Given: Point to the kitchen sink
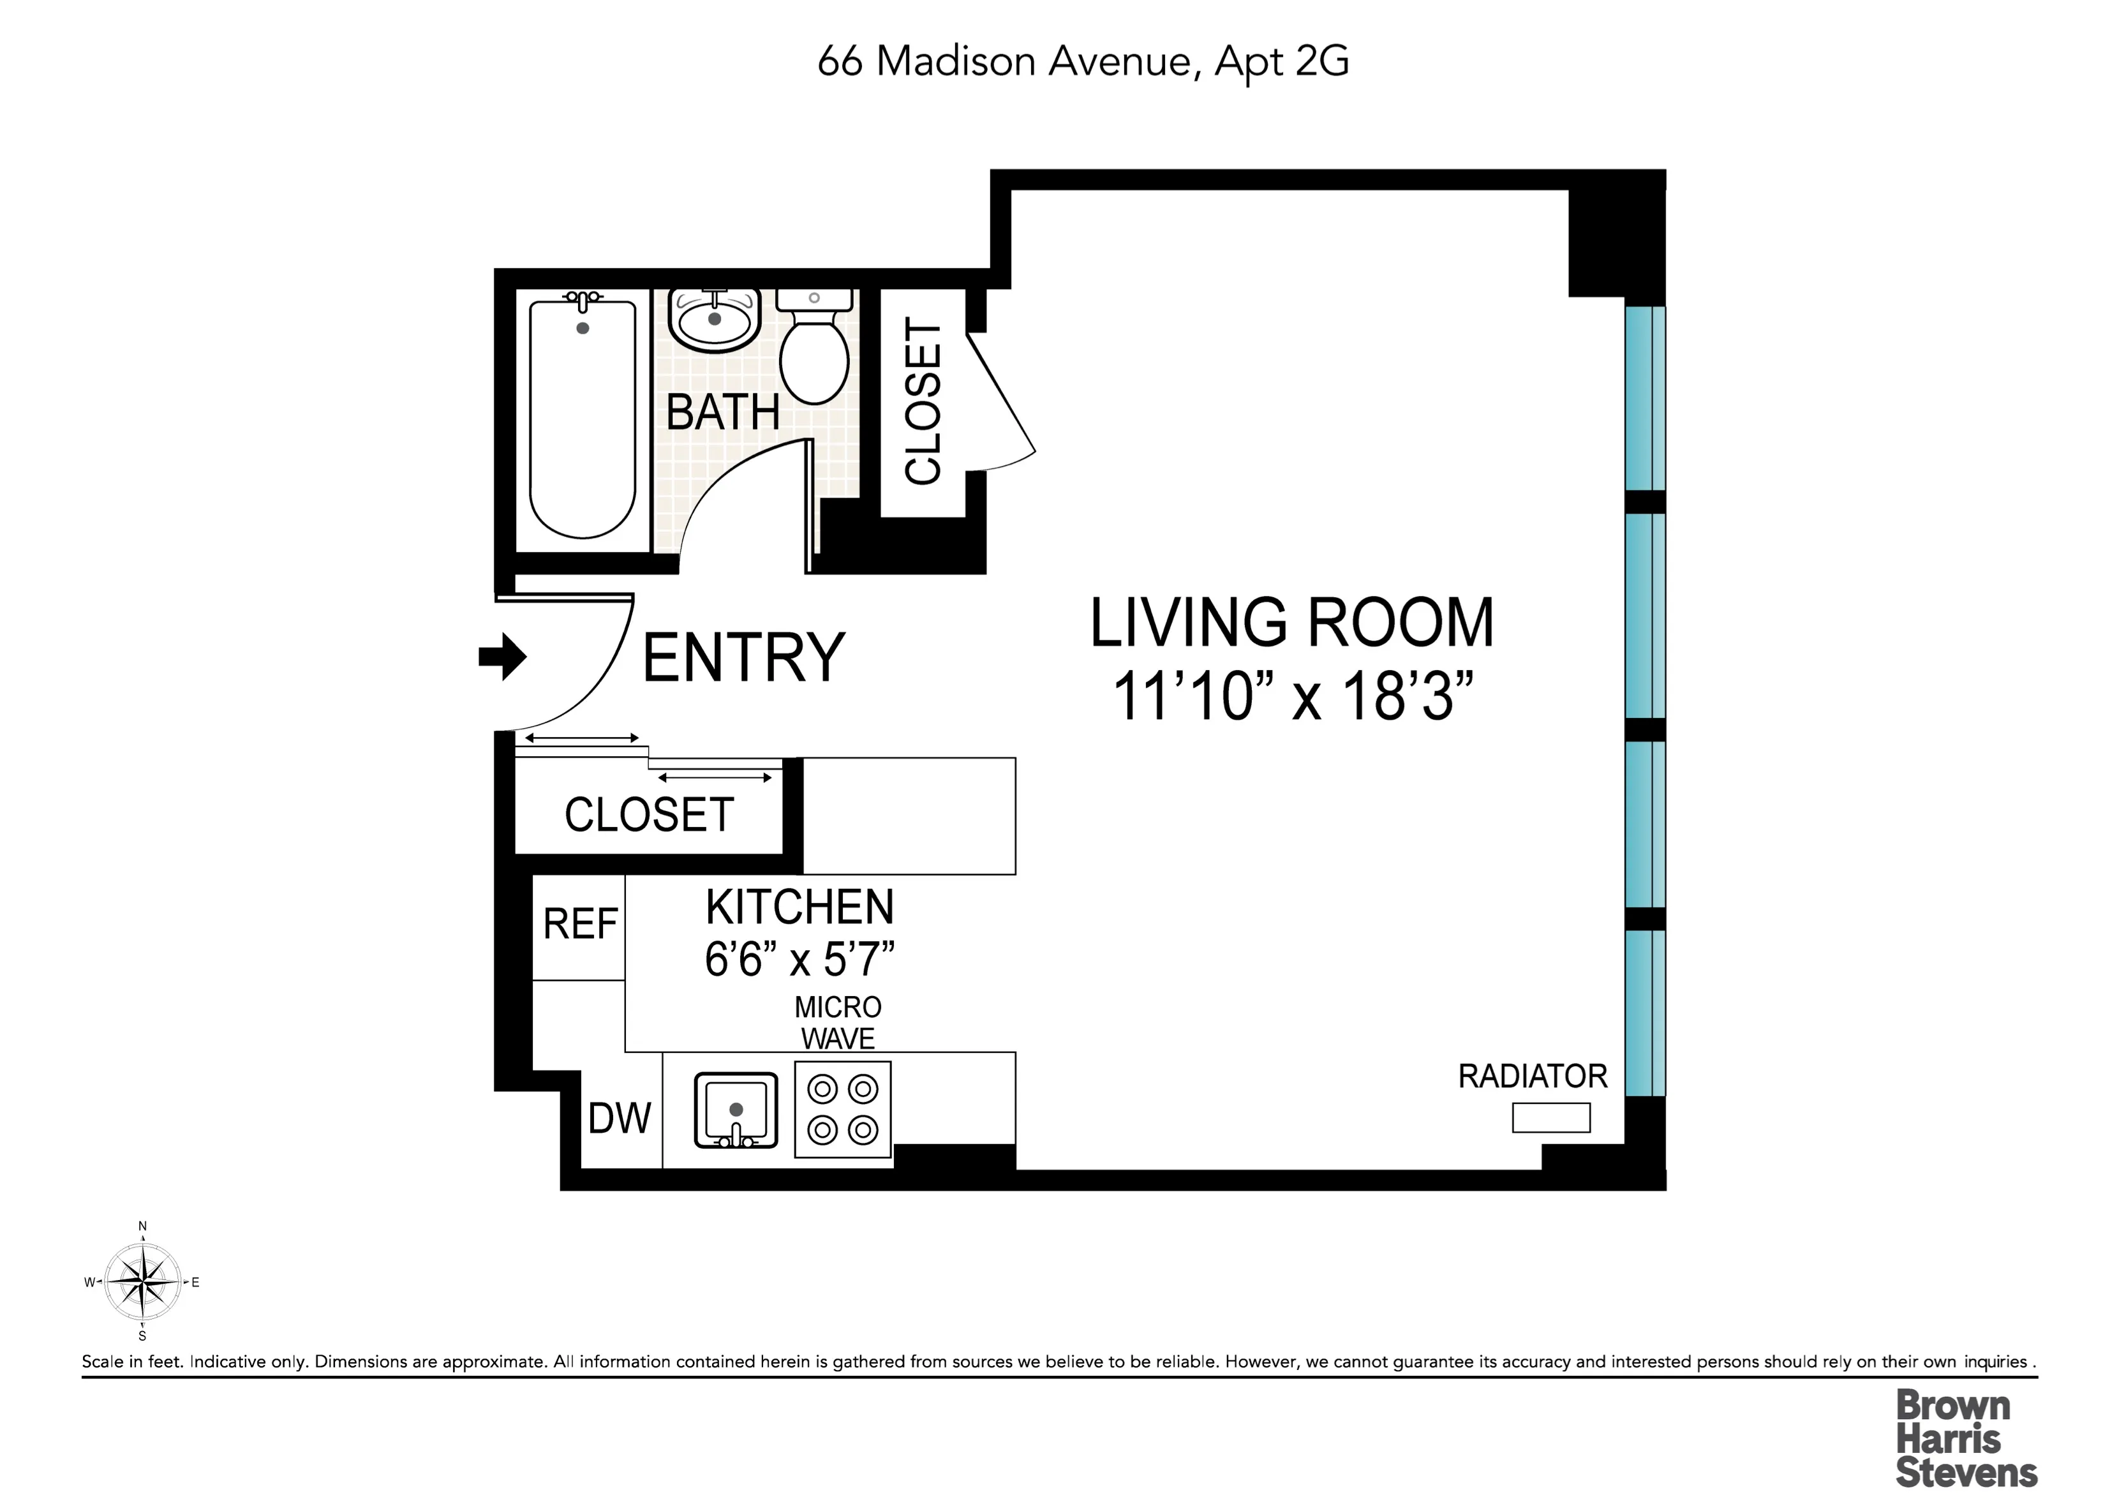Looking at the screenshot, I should [736, 1110].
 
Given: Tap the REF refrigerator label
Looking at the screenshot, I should [579, 924].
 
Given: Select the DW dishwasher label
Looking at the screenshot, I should [620, 1119].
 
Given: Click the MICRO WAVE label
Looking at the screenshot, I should [838, 1022].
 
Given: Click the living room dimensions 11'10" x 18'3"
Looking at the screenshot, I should [1293, 696].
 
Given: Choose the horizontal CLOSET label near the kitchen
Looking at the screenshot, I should [649, 815].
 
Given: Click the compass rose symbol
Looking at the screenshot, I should [142, 1283].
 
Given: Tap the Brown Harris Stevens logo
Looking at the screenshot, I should [1966, 1439].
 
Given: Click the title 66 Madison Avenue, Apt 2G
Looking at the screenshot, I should [1082, 61].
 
